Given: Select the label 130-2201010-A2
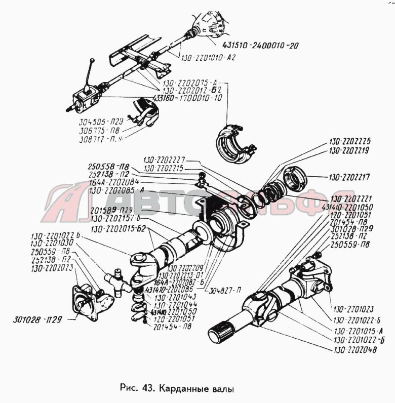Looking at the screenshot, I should [x=209, y=58].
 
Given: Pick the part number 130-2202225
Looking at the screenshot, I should [x=349, y=141].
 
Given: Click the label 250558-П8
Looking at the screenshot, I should [x=108, y=166].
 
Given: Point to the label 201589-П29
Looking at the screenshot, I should [x=109, y=209].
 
